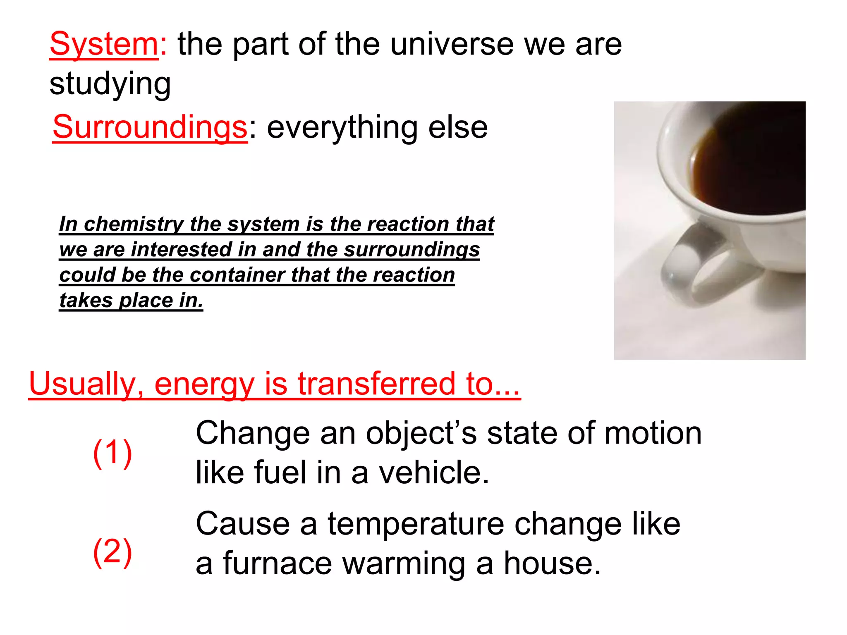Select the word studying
110,84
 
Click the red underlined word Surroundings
150,127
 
